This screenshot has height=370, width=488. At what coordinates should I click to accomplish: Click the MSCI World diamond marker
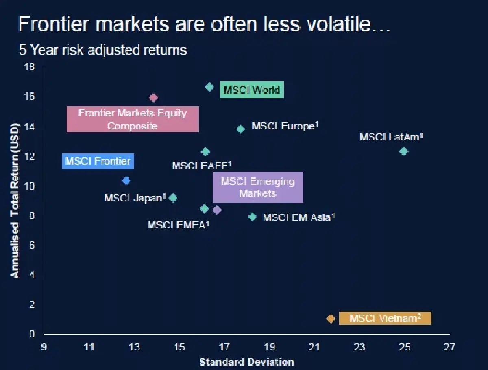point(209,87)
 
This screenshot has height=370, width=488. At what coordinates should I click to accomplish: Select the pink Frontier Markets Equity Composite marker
point(153,98)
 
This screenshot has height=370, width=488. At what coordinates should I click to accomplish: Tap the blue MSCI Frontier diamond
point(126,180)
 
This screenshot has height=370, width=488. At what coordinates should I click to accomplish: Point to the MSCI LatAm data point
point(403,151)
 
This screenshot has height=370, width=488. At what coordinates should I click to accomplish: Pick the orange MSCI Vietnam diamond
point(331,319)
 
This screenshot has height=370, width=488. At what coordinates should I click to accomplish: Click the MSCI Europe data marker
point(241,129)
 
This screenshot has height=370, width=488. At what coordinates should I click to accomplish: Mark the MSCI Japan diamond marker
point(173,198)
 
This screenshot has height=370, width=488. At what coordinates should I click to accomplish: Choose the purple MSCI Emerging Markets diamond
point(217,210)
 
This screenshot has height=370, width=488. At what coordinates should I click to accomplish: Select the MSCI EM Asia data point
point(253,217)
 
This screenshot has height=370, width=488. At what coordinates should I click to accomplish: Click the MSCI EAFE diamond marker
point(205,152)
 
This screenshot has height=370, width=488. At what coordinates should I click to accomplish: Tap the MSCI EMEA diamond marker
point(205,209)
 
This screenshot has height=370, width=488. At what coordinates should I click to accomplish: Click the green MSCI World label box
point(252,90)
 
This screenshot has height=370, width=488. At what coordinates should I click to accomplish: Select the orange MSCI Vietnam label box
point(385,318)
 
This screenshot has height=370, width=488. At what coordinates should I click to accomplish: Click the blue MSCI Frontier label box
point(98,161)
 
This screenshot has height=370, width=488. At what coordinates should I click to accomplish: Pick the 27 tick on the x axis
point(449,347)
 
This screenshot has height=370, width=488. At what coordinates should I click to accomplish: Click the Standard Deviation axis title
point(247,361)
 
